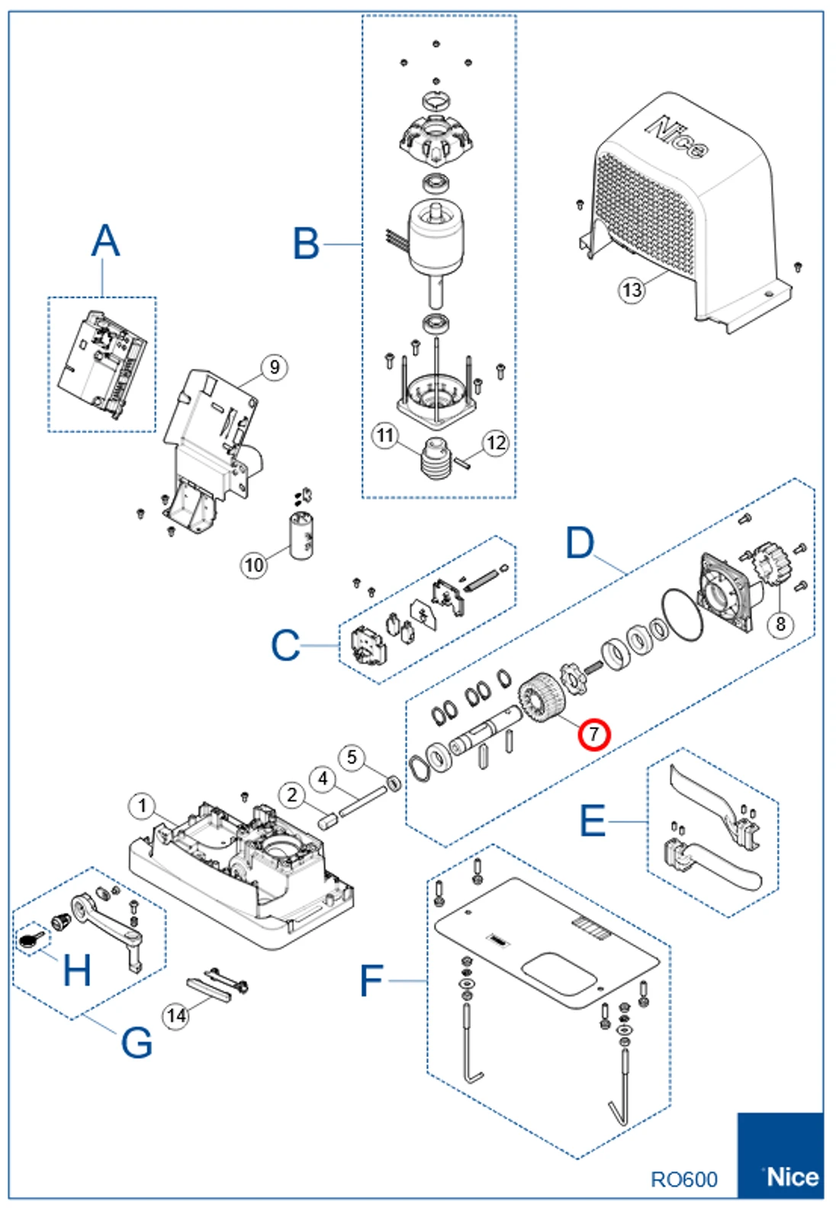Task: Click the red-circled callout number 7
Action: (x=593, y=734)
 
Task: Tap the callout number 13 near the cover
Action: (x=632, y=290)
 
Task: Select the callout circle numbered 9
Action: (x=275, y=368)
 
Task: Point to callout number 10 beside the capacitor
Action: (x=254, y=564)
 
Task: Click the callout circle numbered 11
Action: (x=385, y=435)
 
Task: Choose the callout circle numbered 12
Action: (x=496, y=442)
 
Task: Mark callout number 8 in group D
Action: (x=780, y=624)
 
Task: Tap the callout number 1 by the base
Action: (x=142, y=806)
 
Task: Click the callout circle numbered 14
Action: (x=176, y=1016)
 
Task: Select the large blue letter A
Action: (x=105, y=241)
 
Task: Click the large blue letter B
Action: (x=306, y=244)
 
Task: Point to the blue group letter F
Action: (x=371, y=980)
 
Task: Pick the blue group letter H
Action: (x=77, y=971)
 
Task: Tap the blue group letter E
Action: (x=593, y=821)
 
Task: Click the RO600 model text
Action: (x=683, y=1179)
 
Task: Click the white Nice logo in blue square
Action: (x=792, y=1177)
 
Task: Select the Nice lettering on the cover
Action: (x=677, y=137)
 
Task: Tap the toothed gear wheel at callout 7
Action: (x=542, y=698)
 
